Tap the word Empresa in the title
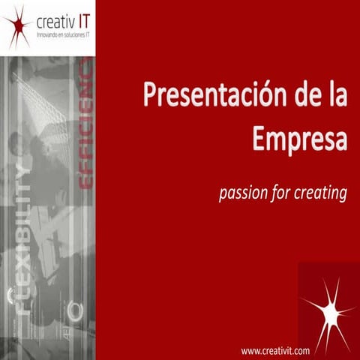(299, 138)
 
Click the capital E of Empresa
(259, 138)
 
